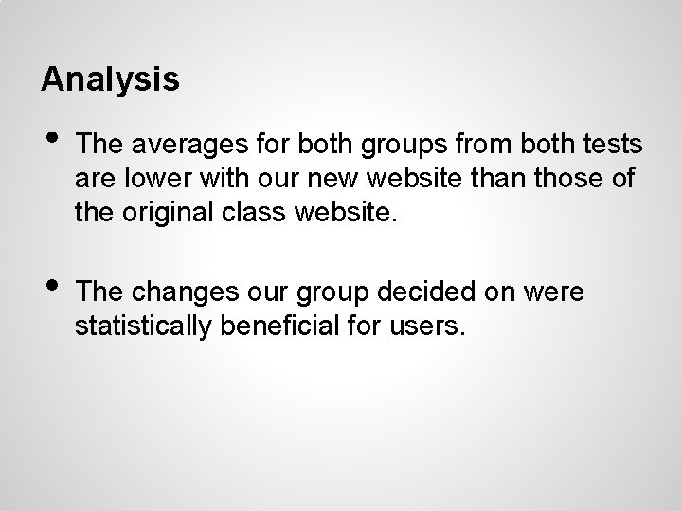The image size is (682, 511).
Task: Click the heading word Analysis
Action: pyautogui.click(x=110, y=79)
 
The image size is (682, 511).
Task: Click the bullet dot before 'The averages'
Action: pyautogui.click(x=54, y=142)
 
